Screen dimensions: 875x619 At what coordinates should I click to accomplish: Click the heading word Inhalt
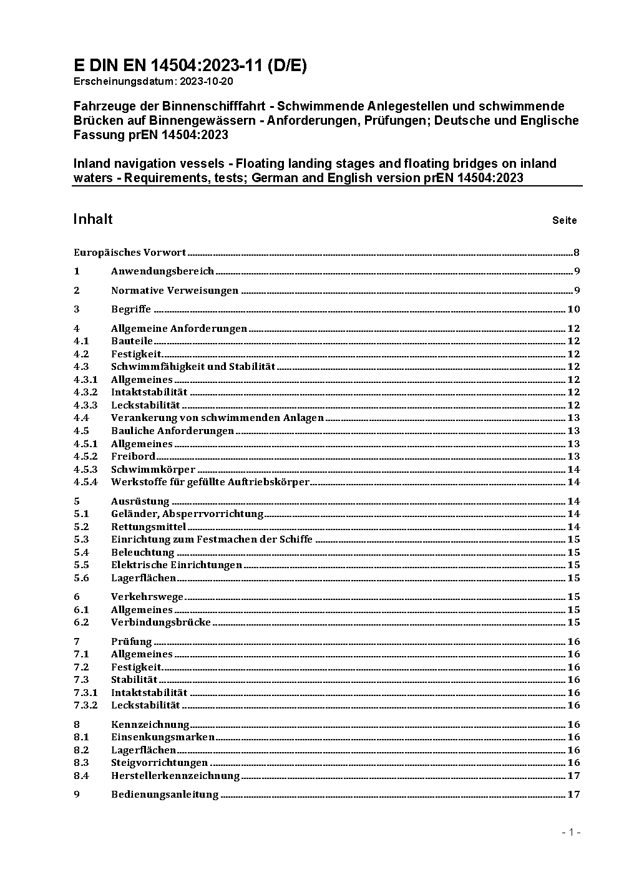pos(93,219)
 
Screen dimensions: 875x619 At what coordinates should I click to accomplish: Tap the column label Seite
pos(564,220)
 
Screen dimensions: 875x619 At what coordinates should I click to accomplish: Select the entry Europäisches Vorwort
pos(130,253)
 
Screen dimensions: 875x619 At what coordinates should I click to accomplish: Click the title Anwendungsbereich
pos(162,271)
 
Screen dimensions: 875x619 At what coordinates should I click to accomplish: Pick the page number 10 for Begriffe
pos(573,309)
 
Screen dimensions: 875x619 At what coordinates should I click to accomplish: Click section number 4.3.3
pos(85,405)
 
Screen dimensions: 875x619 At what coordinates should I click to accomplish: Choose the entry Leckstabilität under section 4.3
pos(145,405)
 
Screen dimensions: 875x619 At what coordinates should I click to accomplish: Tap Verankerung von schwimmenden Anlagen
pos(217,418)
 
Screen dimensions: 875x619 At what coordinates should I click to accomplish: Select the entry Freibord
pos(133,457)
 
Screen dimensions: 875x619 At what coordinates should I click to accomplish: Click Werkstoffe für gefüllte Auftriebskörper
pos(210,482)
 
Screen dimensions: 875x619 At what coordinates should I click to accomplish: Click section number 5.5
pos(81,565)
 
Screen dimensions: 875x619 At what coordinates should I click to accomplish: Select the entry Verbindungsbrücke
pos(161,622)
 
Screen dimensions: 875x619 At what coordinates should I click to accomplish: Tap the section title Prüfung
pos(132,642)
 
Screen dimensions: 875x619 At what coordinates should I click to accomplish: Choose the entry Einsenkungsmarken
pos(163,737)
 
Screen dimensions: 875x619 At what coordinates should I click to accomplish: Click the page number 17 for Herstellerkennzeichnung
pos(573,776)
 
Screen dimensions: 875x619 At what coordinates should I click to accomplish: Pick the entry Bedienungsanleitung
pos(165,795)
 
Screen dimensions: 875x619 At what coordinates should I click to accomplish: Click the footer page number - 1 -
pos(572,833)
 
